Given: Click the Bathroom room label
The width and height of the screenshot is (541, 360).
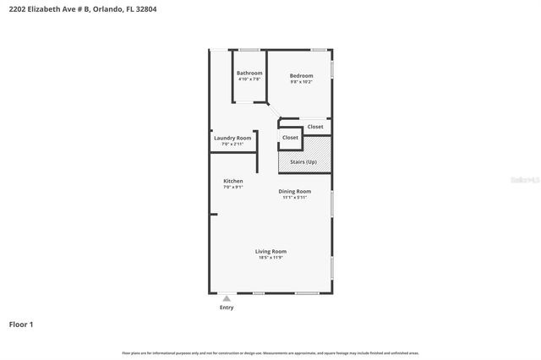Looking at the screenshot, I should (x=249, y=73).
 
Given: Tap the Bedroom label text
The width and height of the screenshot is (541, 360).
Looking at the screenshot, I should (x=302, y=76).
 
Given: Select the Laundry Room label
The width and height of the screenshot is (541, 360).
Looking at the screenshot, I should (x=232, y=138).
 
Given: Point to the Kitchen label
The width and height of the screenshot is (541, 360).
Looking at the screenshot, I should (x=233, y=182).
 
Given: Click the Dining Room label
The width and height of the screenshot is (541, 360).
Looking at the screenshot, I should (x=295, y=192).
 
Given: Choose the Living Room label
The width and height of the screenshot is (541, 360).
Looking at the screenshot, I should (x=271, y=251).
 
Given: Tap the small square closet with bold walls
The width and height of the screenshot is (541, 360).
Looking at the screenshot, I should (x=290, y=137).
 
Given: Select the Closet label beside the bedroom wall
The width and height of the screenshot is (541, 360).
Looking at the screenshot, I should (x=314, y=127).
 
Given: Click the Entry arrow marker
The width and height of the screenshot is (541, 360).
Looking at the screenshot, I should (x=227, y=298).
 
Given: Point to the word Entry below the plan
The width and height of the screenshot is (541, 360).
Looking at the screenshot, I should (x=227, y=308).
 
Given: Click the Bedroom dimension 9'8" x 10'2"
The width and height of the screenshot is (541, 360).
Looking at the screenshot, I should (x=302, y=82).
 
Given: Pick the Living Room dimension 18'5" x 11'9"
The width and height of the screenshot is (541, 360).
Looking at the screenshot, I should (x=271, y=257).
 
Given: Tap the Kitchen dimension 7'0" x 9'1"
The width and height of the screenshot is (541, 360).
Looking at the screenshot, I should (x=233, y=188).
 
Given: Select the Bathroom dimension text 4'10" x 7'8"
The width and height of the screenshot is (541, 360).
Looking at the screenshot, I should (x=249, y=79).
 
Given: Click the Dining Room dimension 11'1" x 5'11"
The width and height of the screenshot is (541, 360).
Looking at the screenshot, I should (x=295, y=198).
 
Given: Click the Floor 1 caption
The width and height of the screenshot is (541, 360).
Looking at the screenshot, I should (x=21, y=325).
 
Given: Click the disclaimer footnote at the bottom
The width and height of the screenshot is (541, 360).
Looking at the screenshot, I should (x=270, y=353).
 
